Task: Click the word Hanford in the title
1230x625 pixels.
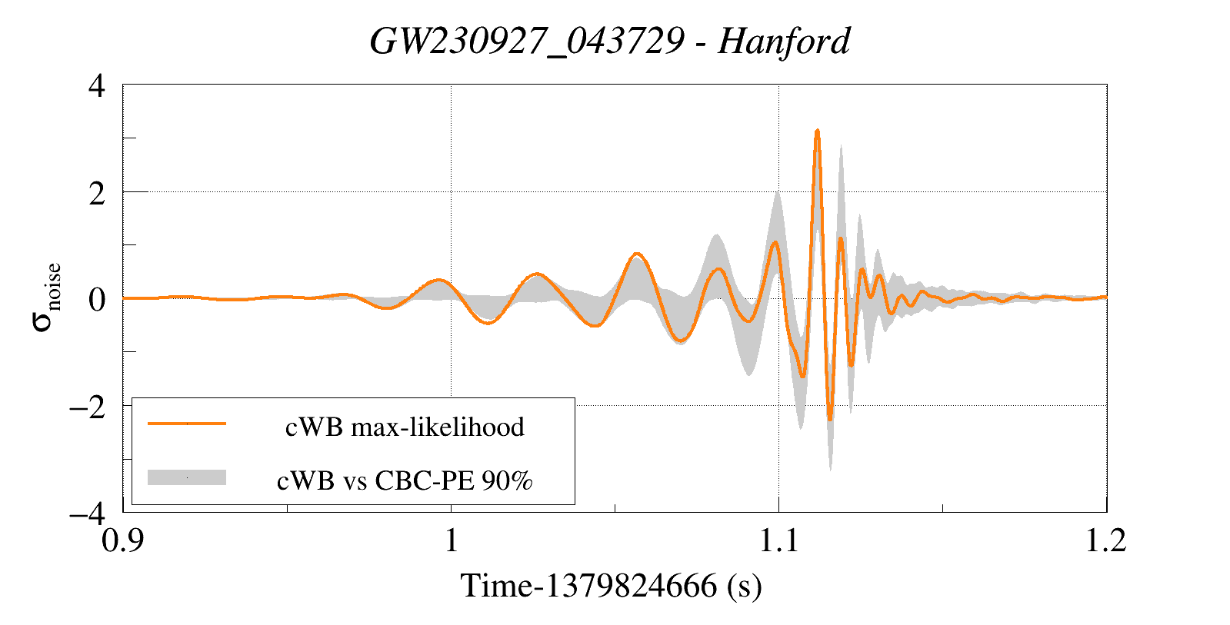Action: (x=784, y=42)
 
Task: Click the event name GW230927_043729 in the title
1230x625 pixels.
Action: (x=527, y=42)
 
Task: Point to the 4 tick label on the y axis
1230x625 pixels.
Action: (x=97, y=86)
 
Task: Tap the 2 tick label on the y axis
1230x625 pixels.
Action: (x=97, y=193)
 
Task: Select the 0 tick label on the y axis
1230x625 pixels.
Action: (x=97, y=300)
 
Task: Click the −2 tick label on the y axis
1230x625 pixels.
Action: (x=88, y=407)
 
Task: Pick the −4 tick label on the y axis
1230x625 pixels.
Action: (x=88, y=514)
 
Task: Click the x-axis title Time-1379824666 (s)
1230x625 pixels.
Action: (x=611, y=586)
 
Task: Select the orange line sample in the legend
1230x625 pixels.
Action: (x=187, y=424)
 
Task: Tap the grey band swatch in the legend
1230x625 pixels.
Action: (x=187, y=477)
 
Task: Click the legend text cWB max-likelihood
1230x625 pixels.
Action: (x=405, y=427)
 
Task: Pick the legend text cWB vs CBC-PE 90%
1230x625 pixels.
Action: (x=405, y=480)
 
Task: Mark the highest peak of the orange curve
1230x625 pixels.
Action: (x=817, y=131)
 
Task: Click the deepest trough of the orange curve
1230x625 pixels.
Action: (x=830, y=420)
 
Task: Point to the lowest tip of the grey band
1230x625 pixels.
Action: (x=830, y=470)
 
